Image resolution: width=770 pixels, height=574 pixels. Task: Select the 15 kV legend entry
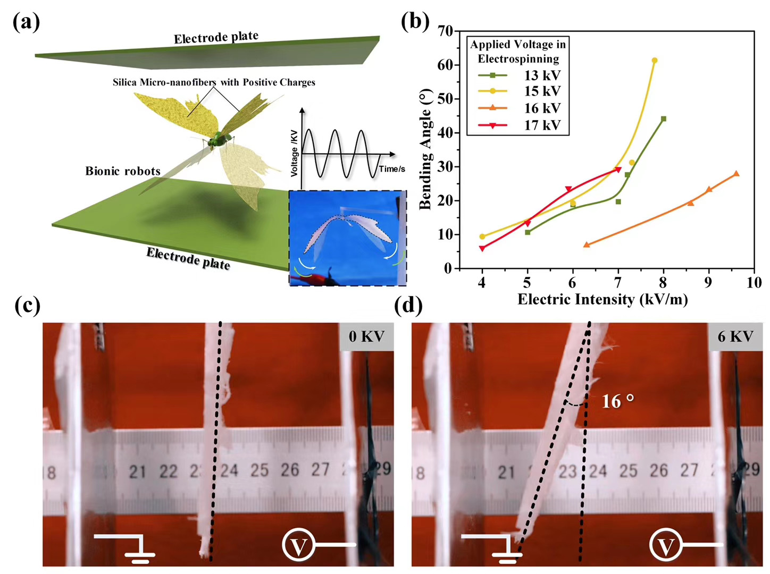(x=542, y=91)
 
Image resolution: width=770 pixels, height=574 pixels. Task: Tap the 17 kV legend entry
(x=542, y=125)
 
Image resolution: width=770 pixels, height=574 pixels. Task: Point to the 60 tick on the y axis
(x=445, y=65)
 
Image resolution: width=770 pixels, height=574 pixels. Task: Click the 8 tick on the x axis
(x=663, y=283)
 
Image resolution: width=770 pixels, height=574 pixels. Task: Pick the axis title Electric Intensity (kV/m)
(x=602, y=299)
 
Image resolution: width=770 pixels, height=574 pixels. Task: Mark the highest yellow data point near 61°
(x=654, y=61)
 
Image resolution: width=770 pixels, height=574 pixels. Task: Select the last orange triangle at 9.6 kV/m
(x=736, y=174)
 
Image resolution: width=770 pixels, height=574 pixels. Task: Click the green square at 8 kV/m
(x=663, y=119)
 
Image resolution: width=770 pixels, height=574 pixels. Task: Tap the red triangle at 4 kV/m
(x=482, y=248)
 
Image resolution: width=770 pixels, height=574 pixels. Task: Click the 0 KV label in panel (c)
(x=366, y=336)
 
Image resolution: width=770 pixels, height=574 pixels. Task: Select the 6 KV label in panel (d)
(x=735, y=336)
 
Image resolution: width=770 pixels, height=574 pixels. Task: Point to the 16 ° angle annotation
(x=617, y=401)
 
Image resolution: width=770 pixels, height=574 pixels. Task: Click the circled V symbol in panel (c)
(x=298, y=545)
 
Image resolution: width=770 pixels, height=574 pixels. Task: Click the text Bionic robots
(x=123, y=171)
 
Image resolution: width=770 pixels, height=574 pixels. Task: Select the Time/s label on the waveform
(x=392, y=169)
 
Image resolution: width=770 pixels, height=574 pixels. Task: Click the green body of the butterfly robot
(x=219, y=140)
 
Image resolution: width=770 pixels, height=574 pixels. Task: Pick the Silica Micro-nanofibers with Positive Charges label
(x=214, y=82)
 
